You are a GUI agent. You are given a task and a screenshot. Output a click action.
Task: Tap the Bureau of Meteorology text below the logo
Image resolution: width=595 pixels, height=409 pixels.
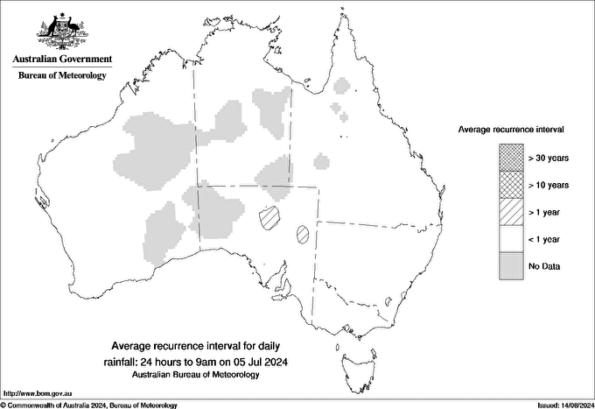62,75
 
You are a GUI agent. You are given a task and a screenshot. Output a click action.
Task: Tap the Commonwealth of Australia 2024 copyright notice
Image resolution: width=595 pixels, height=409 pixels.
90,405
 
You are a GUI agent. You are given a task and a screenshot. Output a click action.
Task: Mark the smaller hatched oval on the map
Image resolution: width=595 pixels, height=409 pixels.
303,234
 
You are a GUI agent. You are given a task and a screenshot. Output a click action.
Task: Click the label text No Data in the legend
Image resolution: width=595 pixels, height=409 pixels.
544,266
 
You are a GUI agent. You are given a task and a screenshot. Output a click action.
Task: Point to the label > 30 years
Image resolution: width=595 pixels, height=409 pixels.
549,158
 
